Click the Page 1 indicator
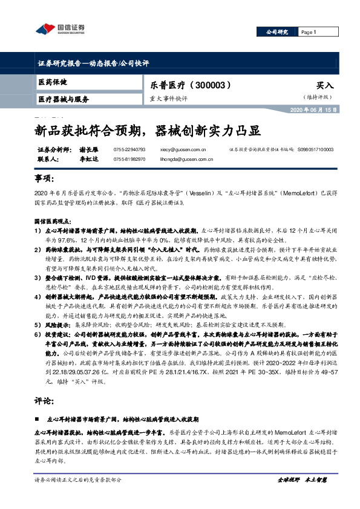(x=309, y=31)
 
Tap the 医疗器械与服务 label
(x=63, y=99)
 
